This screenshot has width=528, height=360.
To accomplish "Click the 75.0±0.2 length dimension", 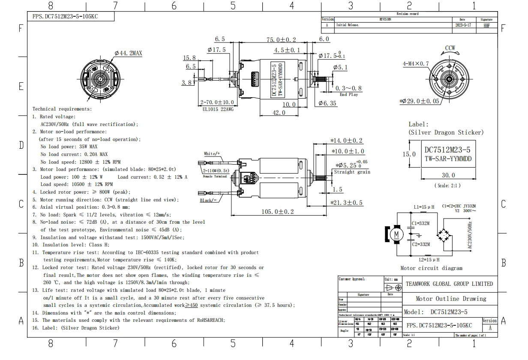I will coord(281,39).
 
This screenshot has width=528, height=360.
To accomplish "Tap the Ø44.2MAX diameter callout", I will coord(128,53).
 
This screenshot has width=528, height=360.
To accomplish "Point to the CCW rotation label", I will coord(450,48).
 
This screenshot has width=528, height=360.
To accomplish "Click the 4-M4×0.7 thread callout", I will coord(415,64).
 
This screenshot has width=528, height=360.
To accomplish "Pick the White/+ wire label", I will coord(212,153).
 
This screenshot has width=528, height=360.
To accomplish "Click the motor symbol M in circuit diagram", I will coord(396,234).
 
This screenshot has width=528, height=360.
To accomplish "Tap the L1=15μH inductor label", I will coord(424,207).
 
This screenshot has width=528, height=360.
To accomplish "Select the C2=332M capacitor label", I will coord(421,244).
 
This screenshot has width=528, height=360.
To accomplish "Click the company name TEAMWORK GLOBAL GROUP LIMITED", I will coord(449,284).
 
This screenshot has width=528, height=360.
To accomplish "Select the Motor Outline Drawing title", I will coord(451,299).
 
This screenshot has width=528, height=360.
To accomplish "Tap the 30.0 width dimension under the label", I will coord(448,175).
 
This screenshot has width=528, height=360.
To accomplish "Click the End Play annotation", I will coord(348,95).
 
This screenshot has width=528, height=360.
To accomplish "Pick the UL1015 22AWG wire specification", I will coord(218,109).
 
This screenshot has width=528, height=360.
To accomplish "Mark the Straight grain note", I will coord(352,172).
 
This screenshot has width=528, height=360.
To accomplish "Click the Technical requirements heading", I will coord(62,109).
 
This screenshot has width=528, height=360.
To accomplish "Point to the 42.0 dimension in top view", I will coord(279,113).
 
